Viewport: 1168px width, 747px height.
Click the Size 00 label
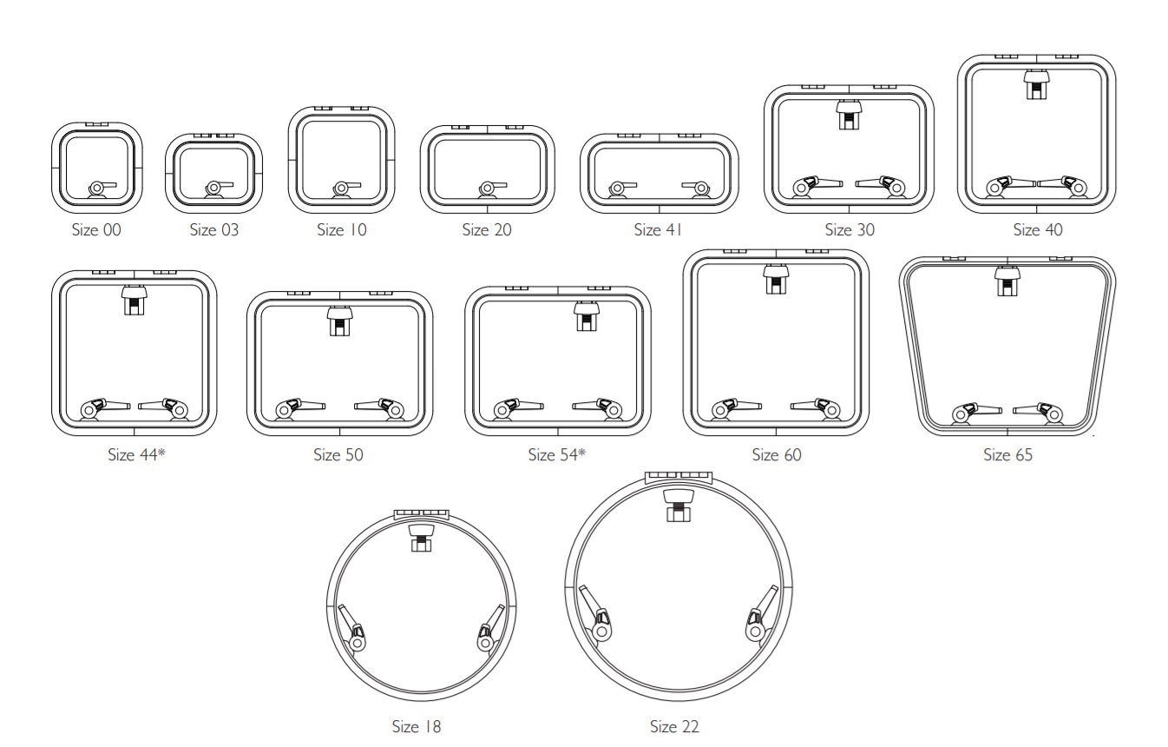(x=96, y=229)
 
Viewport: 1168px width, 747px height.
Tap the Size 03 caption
(x=213, y=229)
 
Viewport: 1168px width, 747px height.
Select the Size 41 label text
(x=658, y=229)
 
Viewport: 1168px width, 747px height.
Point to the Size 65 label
(x=1007, y=454)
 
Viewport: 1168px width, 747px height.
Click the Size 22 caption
(x=674, y=726)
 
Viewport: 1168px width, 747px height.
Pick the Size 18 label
(x=417, y=726)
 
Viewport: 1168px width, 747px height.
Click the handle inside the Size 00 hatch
(x=102, y=189)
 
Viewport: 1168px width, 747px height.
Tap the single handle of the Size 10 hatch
(x=345, y=189)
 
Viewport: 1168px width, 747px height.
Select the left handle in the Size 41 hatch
(x=621, y=189)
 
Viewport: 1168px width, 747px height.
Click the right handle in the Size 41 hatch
(x=697, y=189)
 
